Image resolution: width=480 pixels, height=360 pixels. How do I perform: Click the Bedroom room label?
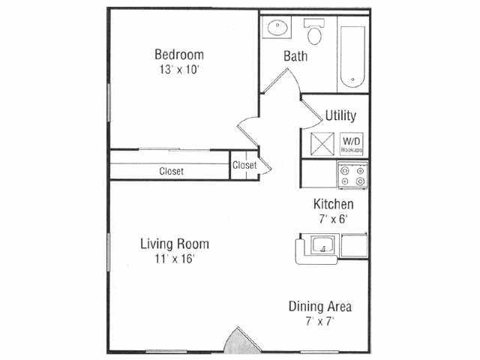[x=179, y=55]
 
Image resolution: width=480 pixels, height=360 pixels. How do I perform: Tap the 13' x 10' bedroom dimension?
[x=179, y=70]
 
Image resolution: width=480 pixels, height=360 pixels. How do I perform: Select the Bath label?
[x=295, y=56]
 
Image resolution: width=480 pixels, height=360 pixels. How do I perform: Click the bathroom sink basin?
[x=277, y=28]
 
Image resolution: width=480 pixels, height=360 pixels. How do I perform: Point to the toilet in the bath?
[x=315, y=32]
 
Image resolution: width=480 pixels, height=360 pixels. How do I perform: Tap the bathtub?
[x=352, y=57]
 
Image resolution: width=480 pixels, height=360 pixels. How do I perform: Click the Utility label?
[x=340, y=115]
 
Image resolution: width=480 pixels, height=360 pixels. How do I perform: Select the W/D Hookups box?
[x=352, y=144]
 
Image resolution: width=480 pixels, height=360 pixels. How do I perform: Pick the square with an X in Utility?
[x=322, y=144]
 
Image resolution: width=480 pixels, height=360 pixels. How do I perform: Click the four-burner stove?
[x=352, y=175]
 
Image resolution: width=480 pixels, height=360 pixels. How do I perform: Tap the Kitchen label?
[x=333, y=204]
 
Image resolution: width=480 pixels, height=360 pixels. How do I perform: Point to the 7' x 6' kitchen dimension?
[x=333, y=219]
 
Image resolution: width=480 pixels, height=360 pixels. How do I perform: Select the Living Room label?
[x=175, y=244]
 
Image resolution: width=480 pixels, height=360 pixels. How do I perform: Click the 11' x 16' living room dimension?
[x=175, y=259]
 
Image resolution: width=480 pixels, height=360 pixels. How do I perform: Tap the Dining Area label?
[x=320, y=307]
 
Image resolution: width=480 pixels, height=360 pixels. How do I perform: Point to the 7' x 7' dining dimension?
[x=320, y=322]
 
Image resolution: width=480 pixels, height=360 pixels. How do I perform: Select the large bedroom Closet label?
[x=172, y=171]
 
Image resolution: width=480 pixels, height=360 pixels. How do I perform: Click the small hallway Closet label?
[x=244, y=165]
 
